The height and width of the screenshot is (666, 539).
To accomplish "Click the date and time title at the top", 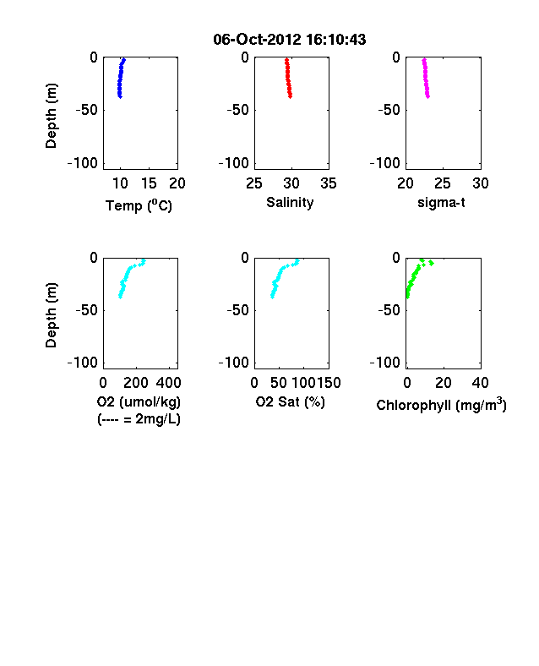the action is click(x=290, y=40).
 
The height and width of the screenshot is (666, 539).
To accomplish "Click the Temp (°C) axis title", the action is click(x=139, y=205).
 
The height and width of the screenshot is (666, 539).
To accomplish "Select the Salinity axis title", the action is click(x=290, y=203).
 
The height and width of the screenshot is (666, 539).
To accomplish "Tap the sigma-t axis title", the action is click(x=441, y=203).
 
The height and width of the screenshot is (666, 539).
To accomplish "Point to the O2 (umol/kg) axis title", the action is click(x=139, y=401).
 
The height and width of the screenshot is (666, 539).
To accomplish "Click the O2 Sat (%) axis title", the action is click(x=291, y=401).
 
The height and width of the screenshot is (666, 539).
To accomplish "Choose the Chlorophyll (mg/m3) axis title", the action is click(x=441, y=405).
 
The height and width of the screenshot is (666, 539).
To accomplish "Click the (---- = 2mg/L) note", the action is click(x=139, y=420).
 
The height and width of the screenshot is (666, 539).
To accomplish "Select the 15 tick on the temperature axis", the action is click(x=149, y=183).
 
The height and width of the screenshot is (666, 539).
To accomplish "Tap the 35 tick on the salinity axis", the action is click(x=329, y=183).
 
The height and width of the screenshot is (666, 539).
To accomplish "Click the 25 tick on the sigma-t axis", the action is click(x=443, y=183).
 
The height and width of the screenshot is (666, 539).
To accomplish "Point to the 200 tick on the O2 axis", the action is click(x=136, y=383).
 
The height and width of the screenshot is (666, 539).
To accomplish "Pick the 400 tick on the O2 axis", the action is click(x=168, y=383).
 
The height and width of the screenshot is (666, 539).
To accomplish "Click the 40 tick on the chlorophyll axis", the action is click(x=481, y=383).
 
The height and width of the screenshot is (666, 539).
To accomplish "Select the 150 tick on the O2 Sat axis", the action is click(x=329, y=383).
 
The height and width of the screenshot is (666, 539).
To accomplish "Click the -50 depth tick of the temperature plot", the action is click(x=87, y=110).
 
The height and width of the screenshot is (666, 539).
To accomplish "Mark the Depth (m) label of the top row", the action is click(x=51, y=116).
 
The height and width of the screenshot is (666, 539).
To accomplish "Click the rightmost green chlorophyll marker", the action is click(x=431, y=264).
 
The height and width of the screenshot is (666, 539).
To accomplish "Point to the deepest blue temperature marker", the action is click(x=120, y=96).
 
